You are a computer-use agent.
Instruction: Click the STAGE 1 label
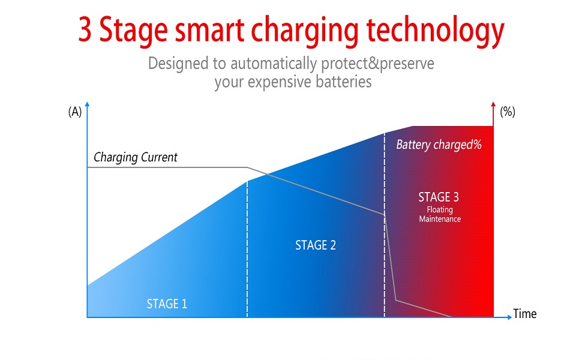[167, 304]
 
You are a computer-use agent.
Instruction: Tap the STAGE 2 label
[316, 245]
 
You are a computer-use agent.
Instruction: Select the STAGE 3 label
[439, 197]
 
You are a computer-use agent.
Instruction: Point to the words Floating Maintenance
[440, 215]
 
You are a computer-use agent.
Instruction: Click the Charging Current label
[136, 158]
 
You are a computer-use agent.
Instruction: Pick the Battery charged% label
[439, 145]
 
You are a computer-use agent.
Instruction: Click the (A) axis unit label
[75, 112]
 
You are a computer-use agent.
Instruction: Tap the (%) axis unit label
[508, 112]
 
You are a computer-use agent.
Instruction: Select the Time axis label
[525, 314]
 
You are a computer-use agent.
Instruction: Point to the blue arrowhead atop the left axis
[88, 105]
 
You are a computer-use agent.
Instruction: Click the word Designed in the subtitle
[178, 63]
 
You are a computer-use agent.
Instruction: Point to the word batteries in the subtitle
[343, 82]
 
